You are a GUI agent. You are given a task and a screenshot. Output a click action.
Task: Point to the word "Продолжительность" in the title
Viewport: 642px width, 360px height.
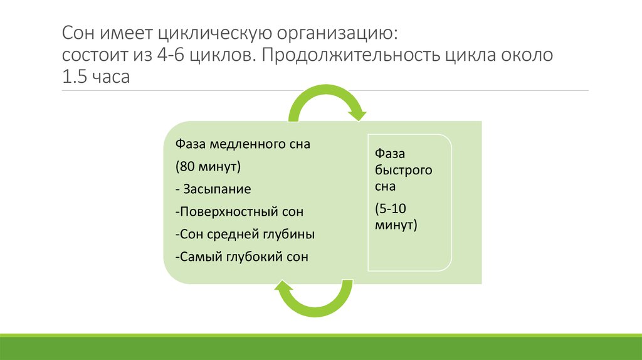click(348, 56)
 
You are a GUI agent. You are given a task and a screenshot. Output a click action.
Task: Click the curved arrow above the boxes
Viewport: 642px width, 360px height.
click(327, 100)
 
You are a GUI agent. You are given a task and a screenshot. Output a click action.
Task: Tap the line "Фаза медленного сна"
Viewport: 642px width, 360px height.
click(243, 144)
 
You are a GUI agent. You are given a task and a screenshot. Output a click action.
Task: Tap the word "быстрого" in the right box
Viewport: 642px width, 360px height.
click(403, 170)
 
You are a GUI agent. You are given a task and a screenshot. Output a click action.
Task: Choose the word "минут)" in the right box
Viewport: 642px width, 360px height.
click(396, 224)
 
